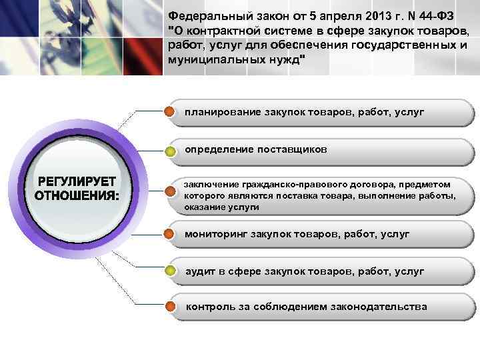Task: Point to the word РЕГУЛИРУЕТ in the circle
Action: coord(77,181)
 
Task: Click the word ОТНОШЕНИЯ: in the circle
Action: coord(77,196)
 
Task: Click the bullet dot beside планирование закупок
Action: coord(171,111)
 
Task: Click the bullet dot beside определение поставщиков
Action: coord(171,151)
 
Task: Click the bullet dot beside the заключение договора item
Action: coord(171,194)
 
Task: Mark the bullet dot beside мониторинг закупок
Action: coord(171,234)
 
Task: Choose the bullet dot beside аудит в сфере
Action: coord(171,271)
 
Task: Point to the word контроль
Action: coord(209,307)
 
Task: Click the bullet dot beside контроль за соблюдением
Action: coord(171,307)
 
